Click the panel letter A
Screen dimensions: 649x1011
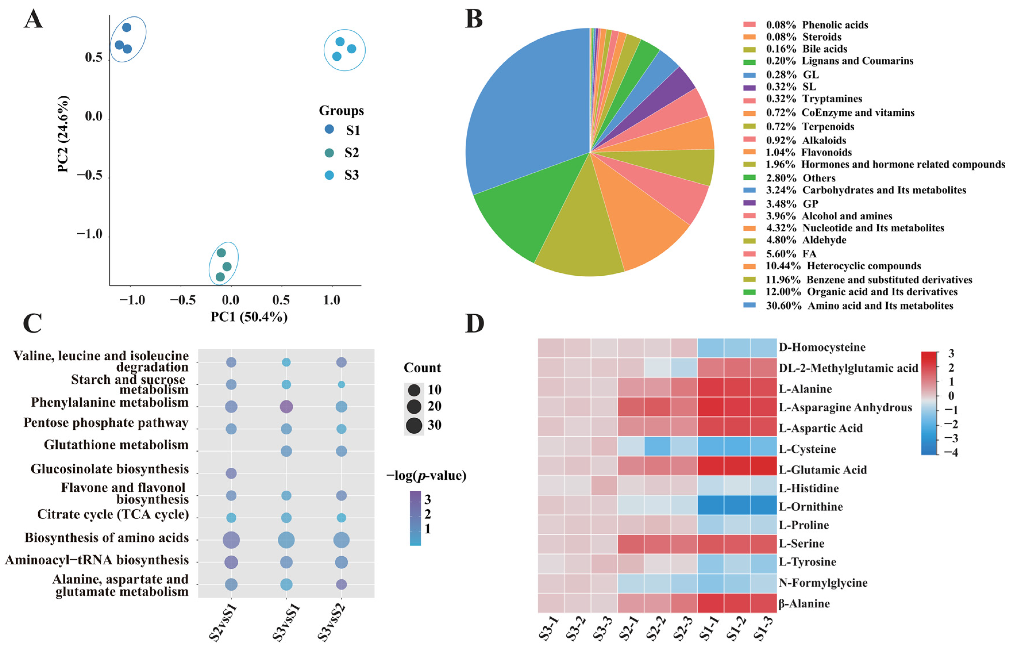pyautogui.click(x=33, y=20)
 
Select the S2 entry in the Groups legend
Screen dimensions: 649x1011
pyautogui.click(x=351, y=153)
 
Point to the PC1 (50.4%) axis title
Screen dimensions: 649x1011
pyautogui.click(x=249, y=316)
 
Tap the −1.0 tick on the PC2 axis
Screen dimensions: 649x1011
pyautogui.click(x=90, y=234)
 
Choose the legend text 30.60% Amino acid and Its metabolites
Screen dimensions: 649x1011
pyautogui.click(x=859, y=306)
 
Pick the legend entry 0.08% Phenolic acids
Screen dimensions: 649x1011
pyautogui.click(x=817, y=25)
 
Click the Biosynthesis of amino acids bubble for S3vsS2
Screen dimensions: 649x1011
pyautogui.click(x=341, y=540)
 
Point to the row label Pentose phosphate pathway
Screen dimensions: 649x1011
pyautogui.click(x=106, y=423)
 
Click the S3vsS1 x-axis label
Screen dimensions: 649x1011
pyautogui.click(x=285, y=623)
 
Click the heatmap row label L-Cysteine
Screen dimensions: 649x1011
pyautogui.click(x=807, y=449)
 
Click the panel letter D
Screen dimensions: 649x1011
pyautogui.click(x=474, y=323)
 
